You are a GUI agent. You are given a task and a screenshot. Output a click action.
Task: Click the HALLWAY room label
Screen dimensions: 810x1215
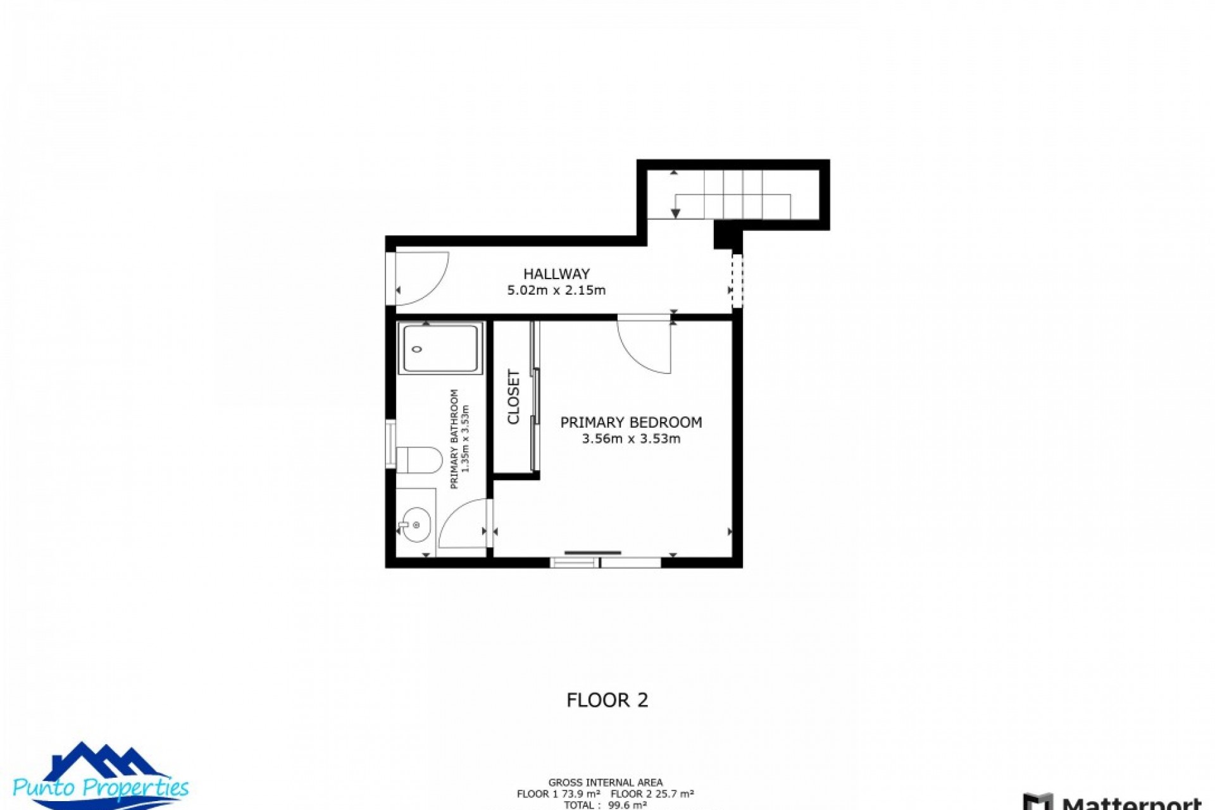(556, 274)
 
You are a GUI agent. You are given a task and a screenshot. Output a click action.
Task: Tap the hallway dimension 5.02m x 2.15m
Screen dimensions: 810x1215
(556, 290)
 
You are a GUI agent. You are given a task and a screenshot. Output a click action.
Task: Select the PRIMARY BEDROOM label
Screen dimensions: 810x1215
(631, 422)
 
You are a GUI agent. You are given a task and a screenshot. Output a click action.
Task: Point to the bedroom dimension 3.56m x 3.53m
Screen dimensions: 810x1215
(631, 439)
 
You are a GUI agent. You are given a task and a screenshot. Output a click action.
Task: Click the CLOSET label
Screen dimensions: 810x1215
(513, 397)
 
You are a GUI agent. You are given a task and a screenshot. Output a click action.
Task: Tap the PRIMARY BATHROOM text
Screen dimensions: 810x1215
(454, 439)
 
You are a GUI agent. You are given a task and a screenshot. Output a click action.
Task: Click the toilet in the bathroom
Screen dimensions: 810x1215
(419, 460)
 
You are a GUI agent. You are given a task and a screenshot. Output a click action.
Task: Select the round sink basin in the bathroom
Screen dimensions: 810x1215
(415, 525)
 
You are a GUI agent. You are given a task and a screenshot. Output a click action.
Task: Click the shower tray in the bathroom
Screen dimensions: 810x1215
(440, 348)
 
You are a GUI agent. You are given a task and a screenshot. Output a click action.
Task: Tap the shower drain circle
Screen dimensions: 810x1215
(416, 349)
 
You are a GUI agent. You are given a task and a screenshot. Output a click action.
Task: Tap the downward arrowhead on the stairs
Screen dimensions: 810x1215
(675, 214)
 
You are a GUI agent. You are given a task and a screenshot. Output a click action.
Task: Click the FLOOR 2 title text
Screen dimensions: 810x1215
(607, 700)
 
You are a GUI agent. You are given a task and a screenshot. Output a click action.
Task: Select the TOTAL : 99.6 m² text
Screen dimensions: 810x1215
(605, 805)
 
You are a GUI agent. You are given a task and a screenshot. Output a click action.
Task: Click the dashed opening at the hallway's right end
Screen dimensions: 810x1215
(737, 280)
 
